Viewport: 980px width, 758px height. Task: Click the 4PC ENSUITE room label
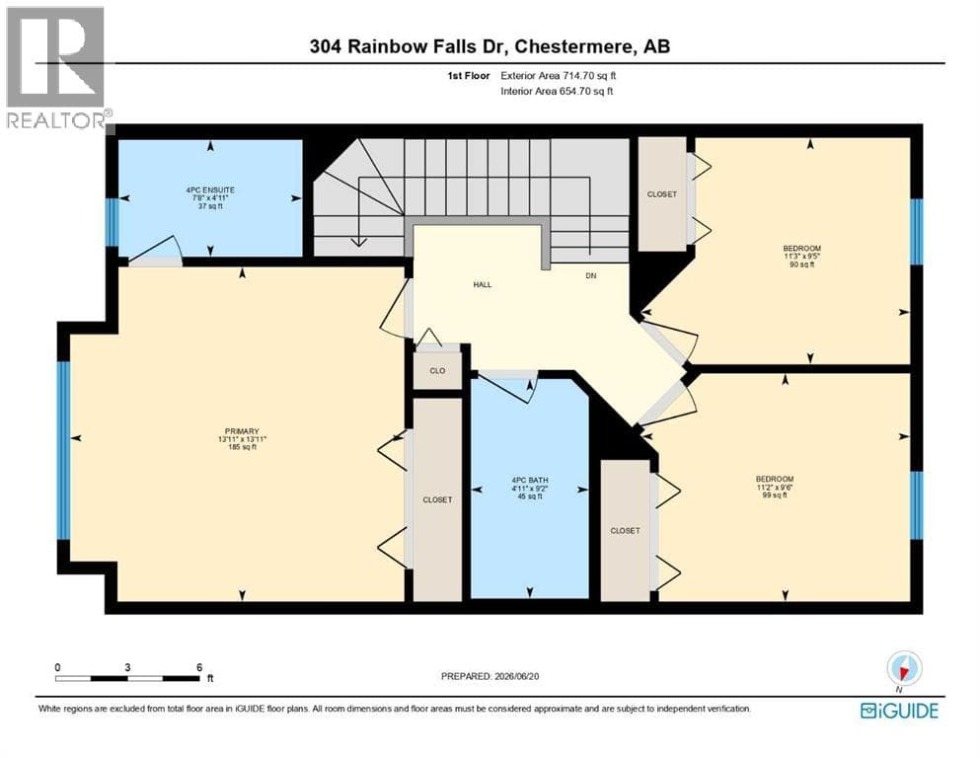[x=210, y=189]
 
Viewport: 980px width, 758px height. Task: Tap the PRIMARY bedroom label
[x=242, y=431]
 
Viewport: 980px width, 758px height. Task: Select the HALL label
[x=483, y=285]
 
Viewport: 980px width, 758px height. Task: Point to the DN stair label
[x=590, y=275]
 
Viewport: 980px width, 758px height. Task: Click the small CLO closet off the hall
[x=437, y=370]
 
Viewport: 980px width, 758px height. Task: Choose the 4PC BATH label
[x=529, y=481]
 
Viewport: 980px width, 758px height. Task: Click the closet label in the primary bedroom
[x=437, y=500]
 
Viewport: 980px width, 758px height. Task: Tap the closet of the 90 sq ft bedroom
[x=662, y=194]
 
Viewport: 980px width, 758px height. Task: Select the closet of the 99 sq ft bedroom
[x=625, y=531]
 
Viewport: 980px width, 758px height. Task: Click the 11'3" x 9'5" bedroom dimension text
[x=802, y=257]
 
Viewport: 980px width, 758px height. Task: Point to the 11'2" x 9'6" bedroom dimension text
[x=775, y=487]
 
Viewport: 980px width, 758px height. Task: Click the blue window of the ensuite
[x=112, y=222]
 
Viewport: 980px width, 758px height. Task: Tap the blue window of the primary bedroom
[x=64, y=450]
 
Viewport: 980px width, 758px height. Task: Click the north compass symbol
[x=904, y=668]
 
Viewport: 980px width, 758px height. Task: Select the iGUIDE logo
[x=899, y=711]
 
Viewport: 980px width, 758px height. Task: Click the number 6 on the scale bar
[x=199, y=667]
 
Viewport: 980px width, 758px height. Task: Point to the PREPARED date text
[x=490, y=676]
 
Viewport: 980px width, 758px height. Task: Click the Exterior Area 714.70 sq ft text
[x=559, y=76]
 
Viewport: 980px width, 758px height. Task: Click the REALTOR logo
[x=56, y=67]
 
